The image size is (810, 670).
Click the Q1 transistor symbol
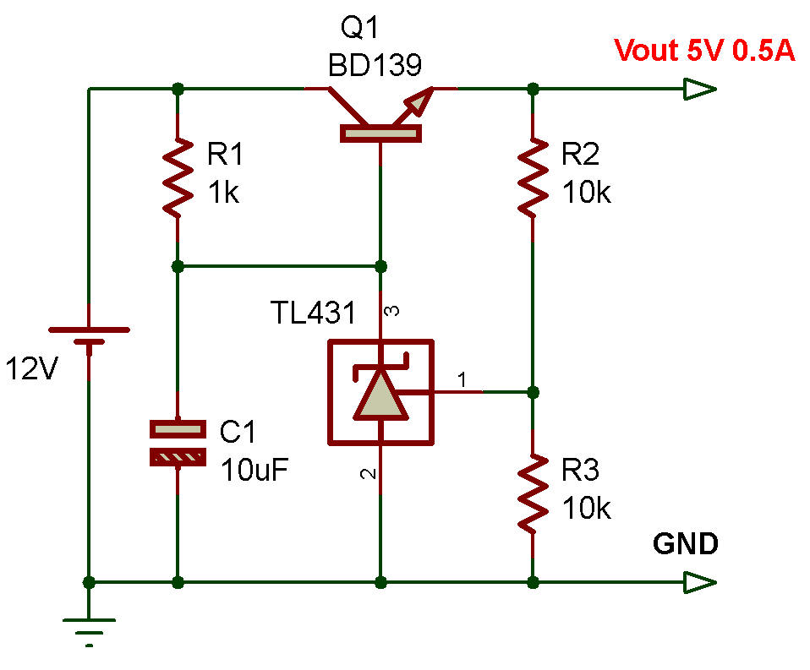[x=380, y=118]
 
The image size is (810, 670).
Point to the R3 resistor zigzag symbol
[x=533, y=494]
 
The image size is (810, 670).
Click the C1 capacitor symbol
[x=178, y=443]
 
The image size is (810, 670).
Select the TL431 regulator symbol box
[x=380, y=392]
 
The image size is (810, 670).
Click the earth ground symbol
[x=89, y=629]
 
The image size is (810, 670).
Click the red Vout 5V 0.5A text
[x=704, y=51]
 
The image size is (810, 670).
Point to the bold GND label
[x=685, y=544]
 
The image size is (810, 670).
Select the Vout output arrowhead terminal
[x=701, y=89]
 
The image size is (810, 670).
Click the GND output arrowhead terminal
[x=701, y=582]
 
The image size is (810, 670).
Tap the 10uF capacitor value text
[x=255, y=468]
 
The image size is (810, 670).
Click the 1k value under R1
[x=223, y=193]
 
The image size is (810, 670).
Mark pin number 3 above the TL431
[x=391, y=313]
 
